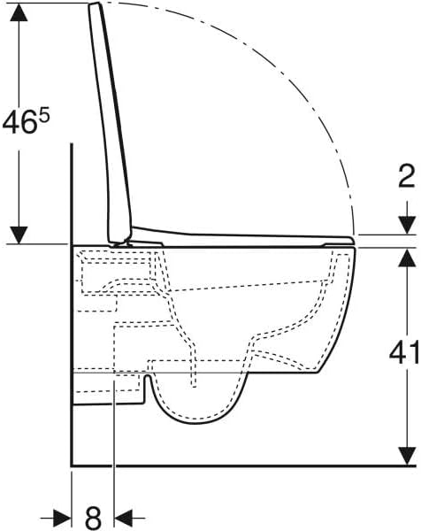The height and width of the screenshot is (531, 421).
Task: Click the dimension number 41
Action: (404, 353)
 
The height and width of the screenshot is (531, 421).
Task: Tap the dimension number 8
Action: (93, 518)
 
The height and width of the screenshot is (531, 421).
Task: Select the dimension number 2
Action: (407, 176)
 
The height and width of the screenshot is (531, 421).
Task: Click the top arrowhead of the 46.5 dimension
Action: (19, 12)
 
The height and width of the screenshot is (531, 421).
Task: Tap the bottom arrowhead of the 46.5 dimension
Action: (19, 235)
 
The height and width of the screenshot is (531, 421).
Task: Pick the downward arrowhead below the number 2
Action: (407, 225)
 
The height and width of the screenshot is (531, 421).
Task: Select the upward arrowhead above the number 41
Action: (407, 258)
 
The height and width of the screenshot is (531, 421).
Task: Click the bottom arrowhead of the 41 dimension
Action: (407, 456)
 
